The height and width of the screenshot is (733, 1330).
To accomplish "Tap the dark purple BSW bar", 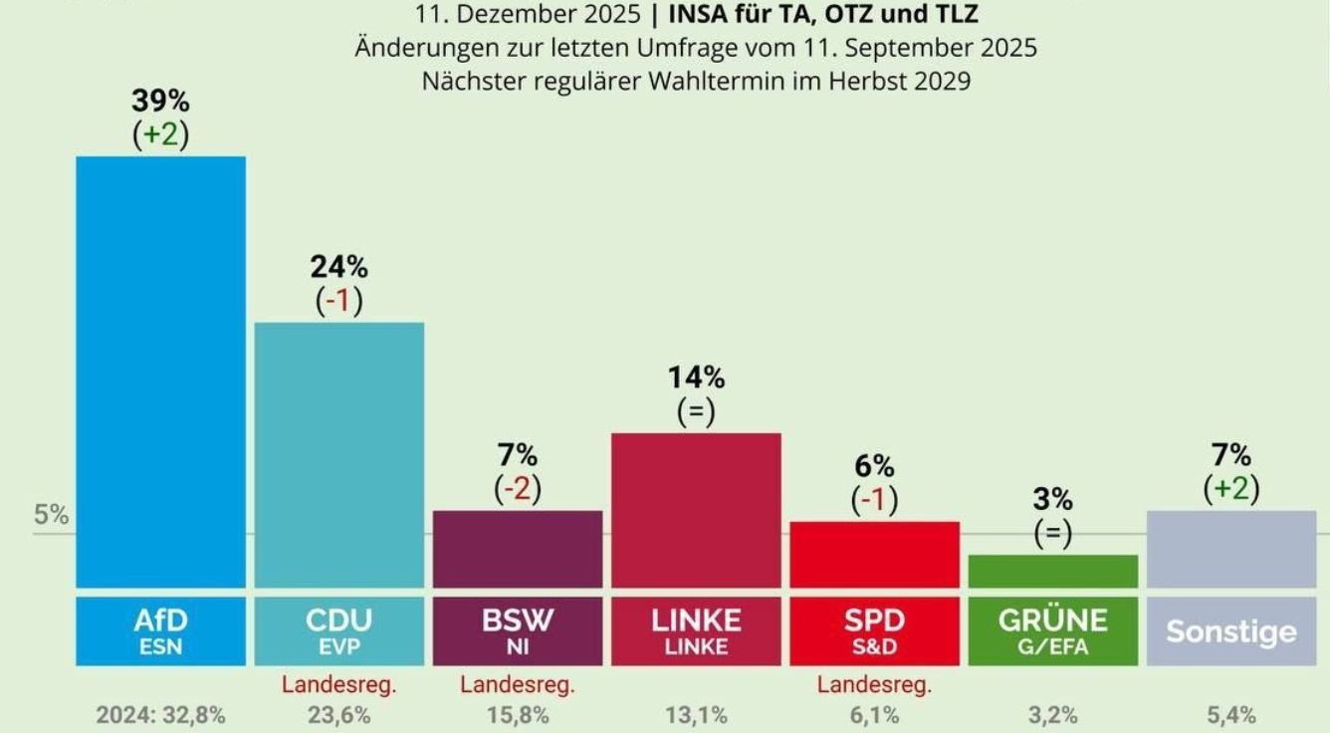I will click(x=518, y=549).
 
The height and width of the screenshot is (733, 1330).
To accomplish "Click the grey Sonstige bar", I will click(x=1230, y=549).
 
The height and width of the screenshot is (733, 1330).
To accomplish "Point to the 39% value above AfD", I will click(x=160, y=102).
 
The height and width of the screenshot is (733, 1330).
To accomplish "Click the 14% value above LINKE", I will click(x=696, y=377).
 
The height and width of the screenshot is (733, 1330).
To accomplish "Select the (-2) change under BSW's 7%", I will click(x=518, y=490).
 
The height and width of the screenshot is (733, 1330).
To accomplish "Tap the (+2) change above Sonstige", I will click(x=1230, y=489).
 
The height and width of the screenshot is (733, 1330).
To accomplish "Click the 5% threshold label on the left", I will click(x=52, y=516).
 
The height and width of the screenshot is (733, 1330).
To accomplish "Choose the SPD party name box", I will click(x=874, y=630).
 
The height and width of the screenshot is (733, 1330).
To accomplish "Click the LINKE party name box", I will click(x=696, y=630).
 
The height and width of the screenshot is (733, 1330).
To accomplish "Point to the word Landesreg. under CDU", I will click(x=339, y=685).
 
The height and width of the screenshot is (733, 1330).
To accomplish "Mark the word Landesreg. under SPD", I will click(x=874, y=685).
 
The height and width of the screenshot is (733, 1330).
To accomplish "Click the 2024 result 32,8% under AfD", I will click(x=160, y=715).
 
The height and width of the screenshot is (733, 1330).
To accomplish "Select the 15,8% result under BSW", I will click(x=518, y=715).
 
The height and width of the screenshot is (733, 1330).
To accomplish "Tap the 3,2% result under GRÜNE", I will click(x=1052, y=715).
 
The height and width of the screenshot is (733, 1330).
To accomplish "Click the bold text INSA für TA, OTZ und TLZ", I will click(x=822, y=16).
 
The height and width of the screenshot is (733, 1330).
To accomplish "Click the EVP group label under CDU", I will click(x=338, y=646).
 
